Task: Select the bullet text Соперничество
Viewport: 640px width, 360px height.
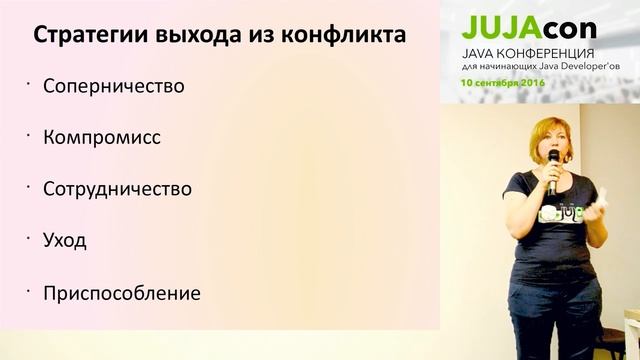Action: pyautogui.click(x=114, y=86)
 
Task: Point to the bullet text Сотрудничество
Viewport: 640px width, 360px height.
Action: pyautogui.click(x=117, y=189)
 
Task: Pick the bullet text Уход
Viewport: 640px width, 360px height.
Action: pyautogui.click(x=65, y=241)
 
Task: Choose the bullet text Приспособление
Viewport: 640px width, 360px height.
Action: pyautogui.click(x=122, y=294)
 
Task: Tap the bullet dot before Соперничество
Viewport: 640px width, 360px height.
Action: pyautogui.click(x=30, y=82)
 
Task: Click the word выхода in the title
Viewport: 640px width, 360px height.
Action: pyautogui.click(x=196, y=36)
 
